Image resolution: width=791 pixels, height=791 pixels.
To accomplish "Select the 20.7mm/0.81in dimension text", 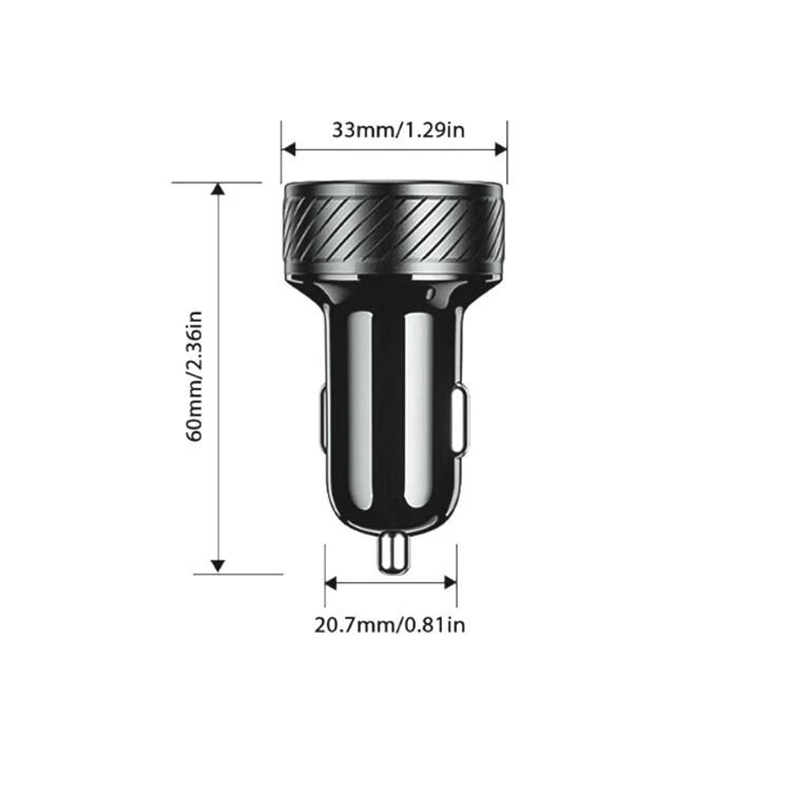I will click(x=390, y=625).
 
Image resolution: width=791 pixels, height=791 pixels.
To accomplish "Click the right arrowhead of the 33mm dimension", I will click(x=500, y=149).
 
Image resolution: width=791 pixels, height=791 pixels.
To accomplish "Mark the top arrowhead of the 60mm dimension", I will click(x=218, y=189).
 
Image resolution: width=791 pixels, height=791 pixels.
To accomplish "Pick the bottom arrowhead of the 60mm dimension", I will click(x=218, y=566).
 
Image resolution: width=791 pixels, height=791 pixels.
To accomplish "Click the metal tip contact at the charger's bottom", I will click(x=393, y=551).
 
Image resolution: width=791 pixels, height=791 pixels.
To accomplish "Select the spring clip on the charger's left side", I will click(x=324, y=419).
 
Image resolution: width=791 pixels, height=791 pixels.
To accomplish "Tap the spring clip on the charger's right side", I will click(x=460, y=419).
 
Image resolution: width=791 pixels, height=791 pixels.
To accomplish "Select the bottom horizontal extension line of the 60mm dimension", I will click(x=237, y=574).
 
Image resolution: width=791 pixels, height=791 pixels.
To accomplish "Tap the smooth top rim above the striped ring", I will click(x=393, y=190).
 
